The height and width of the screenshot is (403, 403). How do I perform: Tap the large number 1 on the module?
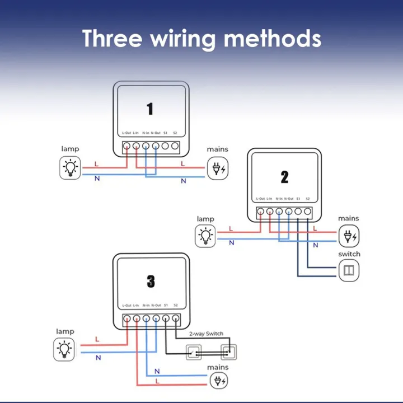tap(150, 109)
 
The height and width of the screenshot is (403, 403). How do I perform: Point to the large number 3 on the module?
tap(151, 282)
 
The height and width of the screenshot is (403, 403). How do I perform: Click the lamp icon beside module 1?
tap(70, 168)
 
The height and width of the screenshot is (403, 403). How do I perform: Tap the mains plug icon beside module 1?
tap(218, 168)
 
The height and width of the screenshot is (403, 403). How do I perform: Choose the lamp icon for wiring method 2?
tap(205, 236)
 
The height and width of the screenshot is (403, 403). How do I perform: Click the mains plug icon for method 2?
tap(349, 236)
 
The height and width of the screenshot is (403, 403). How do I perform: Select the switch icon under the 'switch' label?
tap(349, 270)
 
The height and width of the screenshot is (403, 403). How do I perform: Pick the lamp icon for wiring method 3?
tap(65, 350)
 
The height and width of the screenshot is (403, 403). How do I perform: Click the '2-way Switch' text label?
tap(206, 334)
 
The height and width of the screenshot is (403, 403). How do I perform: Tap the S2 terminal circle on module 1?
tap(175, 147)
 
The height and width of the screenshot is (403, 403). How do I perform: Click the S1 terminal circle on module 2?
tap(298, 212)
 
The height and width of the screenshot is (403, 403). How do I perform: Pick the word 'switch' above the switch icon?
tap(349, 254)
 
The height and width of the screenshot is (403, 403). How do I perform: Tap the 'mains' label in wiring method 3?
tap(218, 367)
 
